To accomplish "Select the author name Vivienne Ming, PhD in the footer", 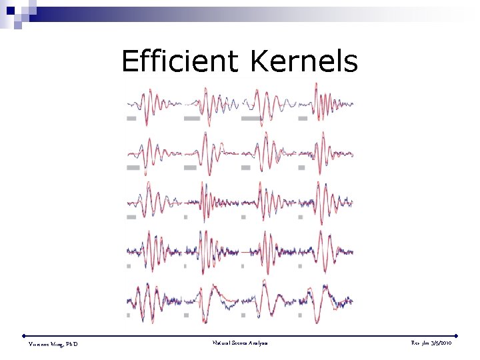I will coord(53,343).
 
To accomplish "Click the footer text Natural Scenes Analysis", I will coord(240,343).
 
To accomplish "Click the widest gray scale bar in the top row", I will coord(251,118).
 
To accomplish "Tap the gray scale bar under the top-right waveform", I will coord(303,118).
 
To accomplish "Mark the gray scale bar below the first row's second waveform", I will coord(192,118).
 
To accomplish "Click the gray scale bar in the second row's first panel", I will coord(133,167).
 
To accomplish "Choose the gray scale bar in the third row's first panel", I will coord(131,216).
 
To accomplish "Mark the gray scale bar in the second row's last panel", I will coord(304,167).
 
